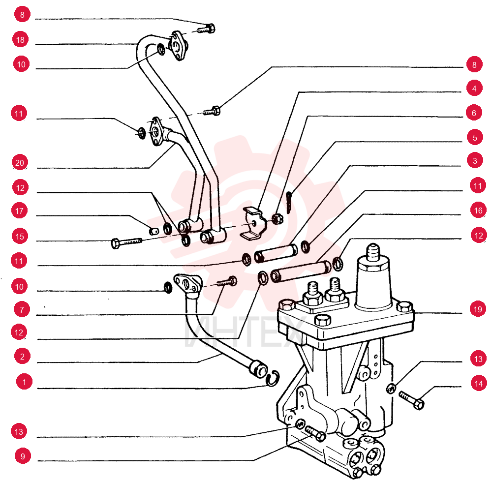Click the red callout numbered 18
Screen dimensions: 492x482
(20, 40)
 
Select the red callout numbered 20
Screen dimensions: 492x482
(20, 163)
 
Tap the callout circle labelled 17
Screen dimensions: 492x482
(20, 211)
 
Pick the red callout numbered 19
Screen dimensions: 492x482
(478, 309)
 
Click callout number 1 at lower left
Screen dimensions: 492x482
(24, 382)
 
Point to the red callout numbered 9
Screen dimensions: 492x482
(23, 456)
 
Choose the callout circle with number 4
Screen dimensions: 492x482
(474, 89)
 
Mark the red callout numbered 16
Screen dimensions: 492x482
(478, 210)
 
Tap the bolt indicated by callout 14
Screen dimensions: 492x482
(412, 400)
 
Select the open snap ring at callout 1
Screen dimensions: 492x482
(273, 379)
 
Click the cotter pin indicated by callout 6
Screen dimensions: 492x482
(289, 203)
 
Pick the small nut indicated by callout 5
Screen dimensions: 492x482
(277, 218)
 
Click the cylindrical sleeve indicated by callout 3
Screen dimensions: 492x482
(276, 253)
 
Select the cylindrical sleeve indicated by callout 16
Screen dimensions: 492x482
(301, 271)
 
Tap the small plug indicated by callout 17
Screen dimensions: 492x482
(154, 232)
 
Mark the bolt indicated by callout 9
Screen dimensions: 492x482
(315, 433)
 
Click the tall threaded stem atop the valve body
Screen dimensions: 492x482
(373, 253)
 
